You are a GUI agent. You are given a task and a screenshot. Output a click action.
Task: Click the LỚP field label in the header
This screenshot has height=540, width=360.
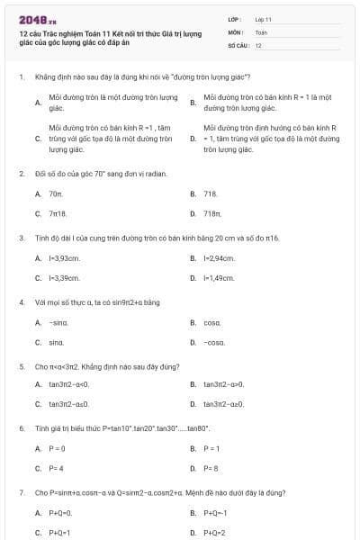pyautogui.click(x=235, y=19)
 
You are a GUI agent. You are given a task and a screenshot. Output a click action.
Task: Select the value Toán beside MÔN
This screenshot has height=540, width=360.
pyautogui.click(x=262, y=31)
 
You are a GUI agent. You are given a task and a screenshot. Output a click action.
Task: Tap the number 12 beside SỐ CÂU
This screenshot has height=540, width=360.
pyautogui.click(x=258, y=44)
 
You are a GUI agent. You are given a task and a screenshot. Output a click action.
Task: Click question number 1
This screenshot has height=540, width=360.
pyautogui.click(x=21, y=77)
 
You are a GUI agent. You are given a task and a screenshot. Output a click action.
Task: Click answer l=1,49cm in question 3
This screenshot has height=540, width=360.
pyautogui.click(x=219, y=278)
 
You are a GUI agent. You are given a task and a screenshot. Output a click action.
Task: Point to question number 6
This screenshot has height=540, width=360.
pyautogui.click(x=21, y=429)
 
